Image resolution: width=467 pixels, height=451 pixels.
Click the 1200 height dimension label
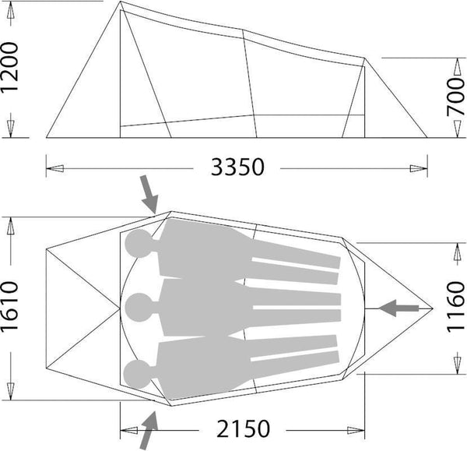click(10, 66)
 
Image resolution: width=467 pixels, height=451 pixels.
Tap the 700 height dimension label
click(456, 97)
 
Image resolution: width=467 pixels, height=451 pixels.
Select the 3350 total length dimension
click(237, 167)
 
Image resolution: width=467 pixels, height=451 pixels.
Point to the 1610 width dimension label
click(10, 306)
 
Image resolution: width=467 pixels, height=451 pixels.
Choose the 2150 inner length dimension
click(243, 429)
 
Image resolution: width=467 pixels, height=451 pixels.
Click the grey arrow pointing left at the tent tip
click(399, 308)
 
